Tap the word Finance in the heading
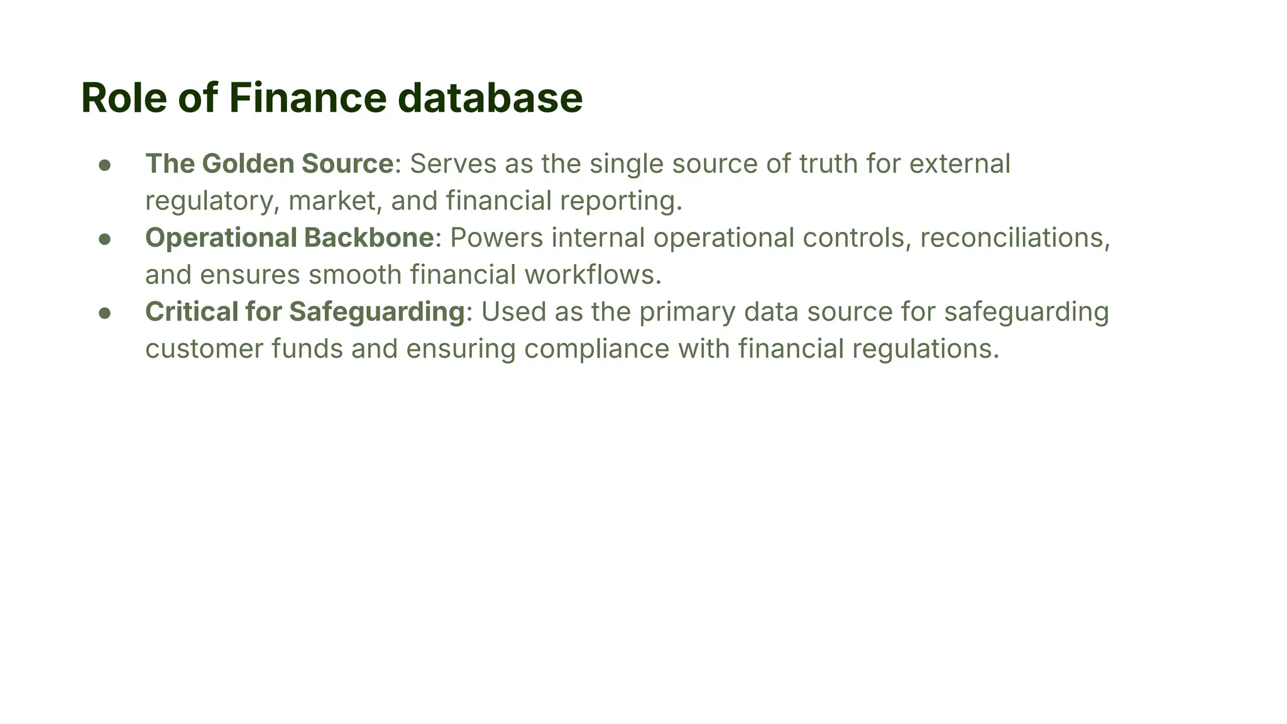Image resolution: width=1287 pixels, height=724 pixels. pos(307,98)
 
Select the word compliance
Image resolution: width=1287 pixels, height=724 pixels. pos(597,350)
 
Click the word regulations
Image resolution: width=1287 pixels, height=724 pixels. pos(925,350)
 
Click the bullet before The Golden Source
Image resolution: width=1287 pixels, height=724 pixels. pos(105,165)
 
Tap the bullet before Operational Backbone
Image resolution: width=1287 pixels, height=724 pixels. pos(105,239)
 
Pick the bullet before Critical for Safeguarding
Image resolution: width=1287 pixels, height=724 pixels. pos(105,313)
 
